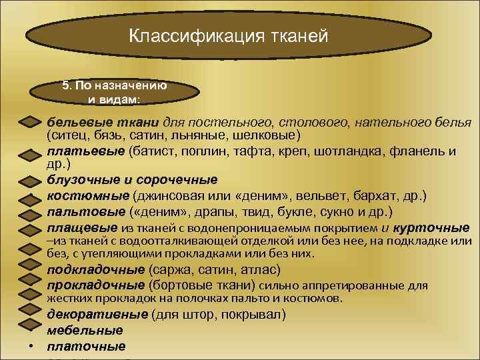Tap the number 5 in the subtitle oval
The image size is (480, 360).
(x=65, y=86)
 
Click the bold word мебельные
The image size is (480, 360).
(x=85, y=330)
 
